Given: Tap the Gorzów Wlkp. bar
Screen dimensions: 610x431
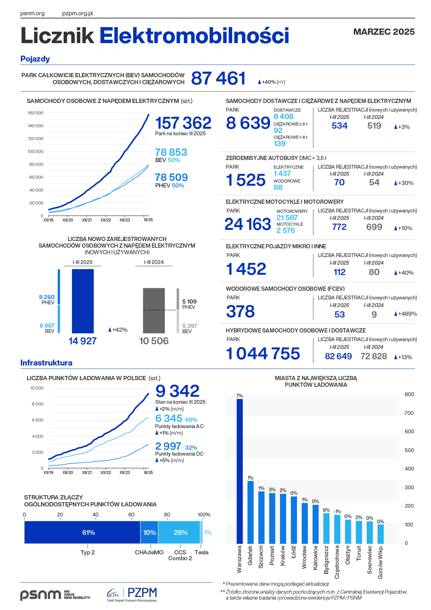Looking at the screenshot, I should click(381, 534).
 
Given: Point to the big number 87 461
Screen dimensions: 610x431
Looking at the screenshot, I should click(218, 78).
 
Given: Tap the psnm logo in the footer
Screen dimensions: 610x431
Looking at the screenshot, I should click(40, 595).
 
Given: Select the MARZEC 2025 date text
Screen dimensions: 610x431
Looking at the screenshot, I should click(384, 32).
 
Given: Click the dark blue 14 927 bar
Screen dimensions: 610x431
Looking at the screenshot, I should click(83, 301).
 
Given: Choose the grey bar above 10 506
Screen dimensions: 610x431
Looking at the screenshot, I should click(154, 311).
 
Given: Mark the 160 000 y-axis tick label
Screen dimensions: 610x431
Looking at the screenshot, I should click(35, 113).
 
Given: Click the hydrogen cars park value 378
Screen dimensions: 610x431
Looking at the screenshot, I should click(241, 311).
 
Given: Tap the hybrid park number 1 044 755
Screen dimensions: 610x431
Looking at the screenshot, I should click(263, 354).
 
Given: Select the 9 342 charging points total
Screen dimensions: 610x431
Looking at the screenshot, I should click(177, 391).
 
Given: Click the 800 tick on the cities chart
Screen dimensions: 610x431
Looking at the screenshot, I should click(409, 394).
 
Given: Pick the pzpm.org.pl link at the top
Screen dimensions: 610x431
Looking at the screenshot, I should click(78, 14).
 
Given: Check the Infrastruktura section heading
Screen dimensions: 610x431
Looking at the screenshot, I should click(46, 363).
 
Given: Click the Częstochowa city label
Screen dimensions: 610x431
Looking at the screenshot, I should click(337, 562).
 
